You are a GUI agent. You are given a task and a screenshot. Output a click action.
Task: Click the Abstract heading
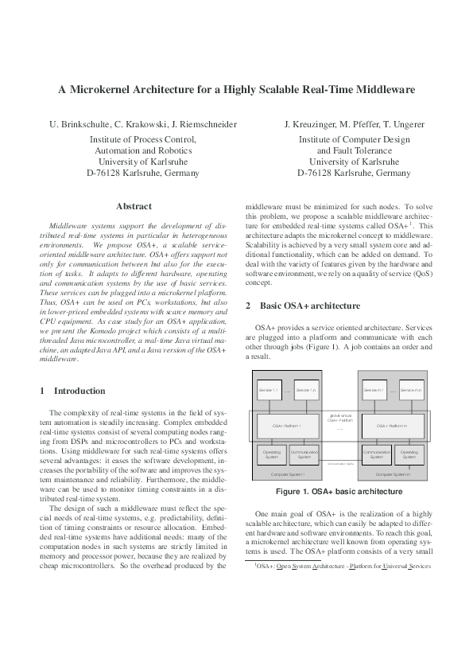point(134,206)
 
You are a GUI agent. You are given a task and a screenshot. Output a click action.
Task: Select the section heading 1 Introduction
point(72,391)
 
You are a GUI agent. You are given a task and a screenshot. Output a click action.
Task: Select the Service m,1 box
point(374,390)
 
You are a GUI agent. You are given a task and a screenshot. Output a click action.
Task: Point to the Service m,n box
point(411,390)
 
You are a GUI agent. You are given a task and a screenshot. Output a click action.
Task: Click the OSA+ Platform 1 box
point(287,426)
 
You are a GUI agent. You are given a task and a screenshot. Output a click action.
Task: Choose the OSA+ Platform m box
point(392,426)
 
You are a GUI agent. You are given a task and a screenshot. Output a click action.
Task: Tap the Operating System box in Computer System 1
point(271,454)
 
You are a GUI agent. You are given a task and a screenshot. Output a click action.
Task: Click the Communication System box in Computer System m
point(374,454)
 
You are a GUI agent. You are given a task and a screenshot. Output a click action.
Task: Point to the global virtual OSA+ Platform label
point(339,417)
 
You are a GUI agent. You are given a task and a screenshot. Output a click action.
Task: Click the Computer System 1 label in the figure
point(286,473)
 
